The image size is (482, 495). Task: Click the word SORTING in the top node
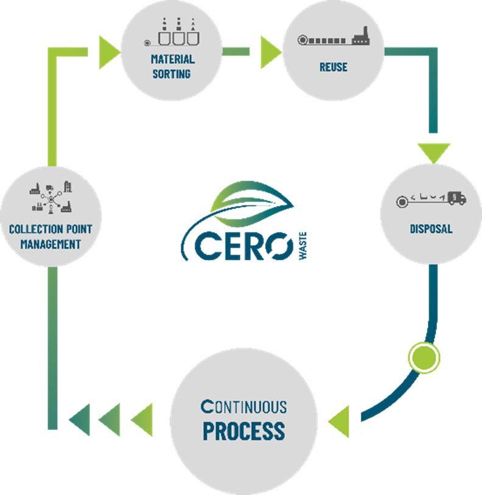coord(172,74)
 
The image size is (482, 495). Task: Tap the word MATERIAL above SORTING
coord(172,60)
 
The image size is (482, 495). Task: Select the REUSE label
coord(334,67)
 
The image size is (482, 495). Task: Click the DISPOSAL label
coord(431,229)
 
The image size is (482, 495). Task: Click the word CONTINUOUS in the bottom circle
coord(243,406)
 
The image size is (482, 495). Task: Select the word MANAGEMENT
coord(51,244)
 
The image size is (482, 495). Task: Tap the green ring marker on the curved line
coord(423,357)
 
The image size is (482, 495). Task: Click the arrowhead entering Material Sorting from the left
coord(108,49)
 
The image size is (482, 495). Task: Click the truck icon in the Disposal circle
coord(455,198)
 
